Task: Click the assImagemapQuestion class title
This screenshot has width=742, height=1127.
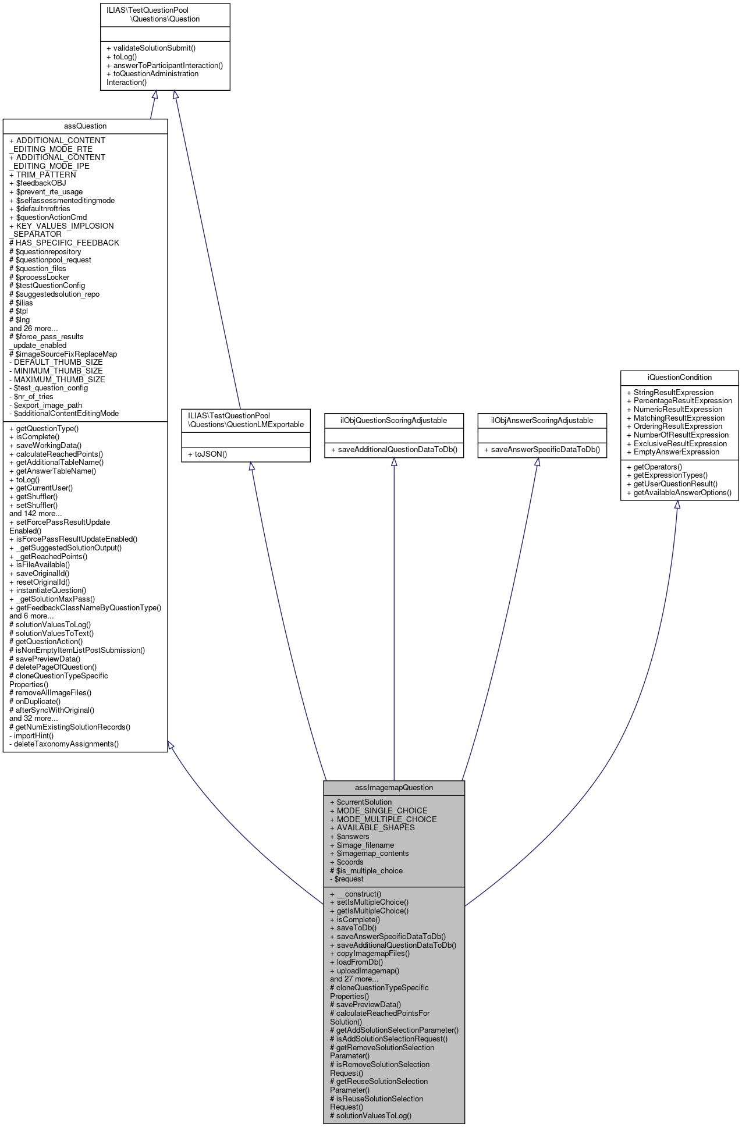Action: point(394,787)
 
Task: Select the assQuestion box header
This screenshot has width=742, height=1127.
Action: point(85,126)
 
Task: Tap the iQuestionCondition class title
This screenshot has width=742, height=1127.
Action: point(679,377)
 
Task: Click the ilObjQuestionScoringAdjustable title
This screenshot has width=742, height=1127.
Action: point(393,420)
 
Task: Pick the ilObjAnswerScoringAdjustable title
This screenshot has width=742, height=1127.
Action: point(542,420)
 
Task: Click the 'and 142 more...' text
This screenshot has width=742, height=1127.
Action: point(35,513)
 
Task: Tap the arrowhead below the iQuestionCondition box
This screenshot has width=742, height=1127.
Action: point(677,505)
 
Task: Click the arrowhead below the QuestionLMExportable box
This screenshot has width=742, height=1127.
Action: point(251,467)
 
